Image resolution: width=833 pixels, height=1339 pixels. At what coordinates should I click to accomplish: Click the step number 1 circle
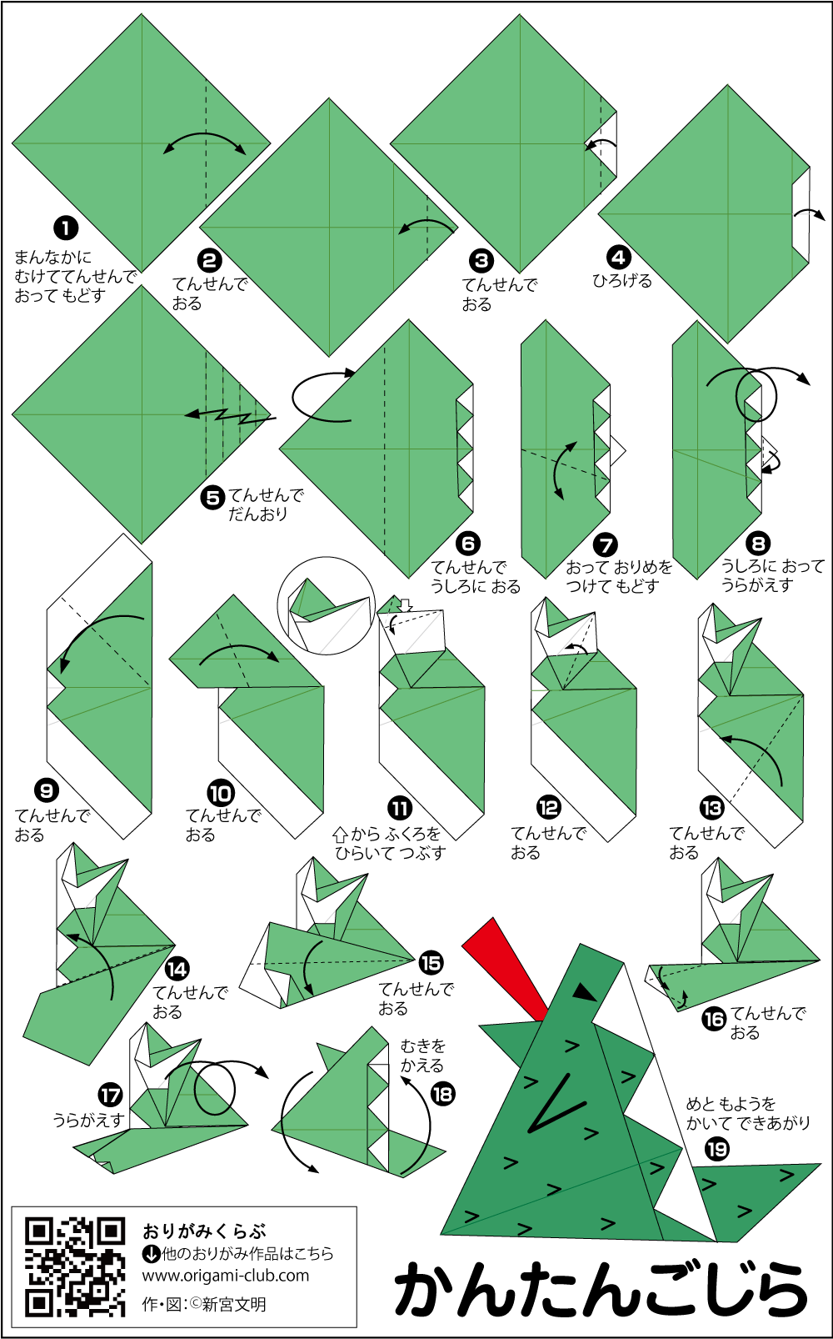pos(65,228)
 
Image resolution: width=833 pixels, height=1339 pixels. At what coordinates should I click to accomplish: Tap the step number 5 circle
pos(212,498)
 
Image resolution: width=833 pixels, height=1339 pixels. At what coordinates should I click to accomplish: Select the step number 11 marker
pos(400,810)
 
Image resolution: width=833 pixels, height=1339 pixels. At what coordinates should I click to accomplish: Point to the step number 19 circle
pos(716,1149)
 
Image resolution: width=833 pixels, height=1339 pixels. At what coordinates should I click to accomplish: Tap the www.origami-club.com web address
pos(226,1275)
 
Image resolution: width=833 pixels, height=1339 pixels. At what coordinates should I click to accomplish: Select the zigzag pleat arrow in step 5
pos(231,414)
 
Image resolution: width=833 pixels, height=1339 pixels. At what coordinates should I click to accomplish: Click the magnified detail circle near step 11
pos(326,605)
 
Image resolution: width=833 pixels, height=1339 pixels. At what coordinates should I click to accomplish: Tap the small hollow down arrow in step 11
pos(406,605)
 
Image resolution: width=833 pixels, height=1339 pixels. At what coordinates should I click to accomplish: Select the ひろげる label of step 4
pos(622,281)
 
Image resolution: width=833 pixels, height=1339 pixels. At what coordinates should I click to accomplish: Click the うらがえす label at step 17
pos(87,1120)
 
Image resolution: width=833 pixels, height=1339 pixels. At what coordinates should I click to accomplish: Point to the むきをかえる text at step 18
pos(423,1055)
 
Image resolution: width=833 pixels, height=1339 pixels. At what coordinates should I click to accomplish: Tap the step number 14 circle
pos(177,969)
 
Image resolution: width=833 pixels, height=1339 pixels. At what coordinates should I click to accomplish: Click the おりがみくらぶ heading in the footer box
pos(204,1231)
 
